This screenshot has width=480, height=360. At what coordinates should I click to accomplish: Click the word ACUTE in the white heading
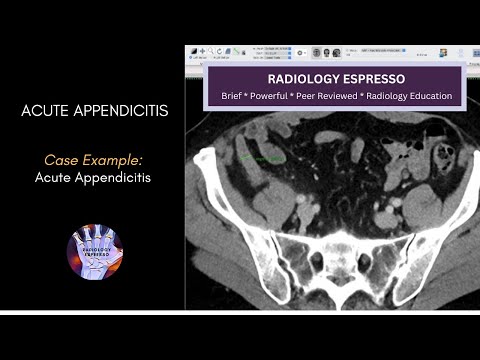pos(46,110)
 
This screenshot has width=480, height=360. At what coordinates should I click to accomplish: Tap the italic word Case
pos(61,160)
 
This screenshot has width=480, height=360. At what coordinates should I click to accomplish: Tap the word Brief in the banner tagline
pos(223,96)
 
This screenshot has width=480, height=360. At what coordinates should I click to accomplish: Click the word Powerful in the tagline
pos(270,96)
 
